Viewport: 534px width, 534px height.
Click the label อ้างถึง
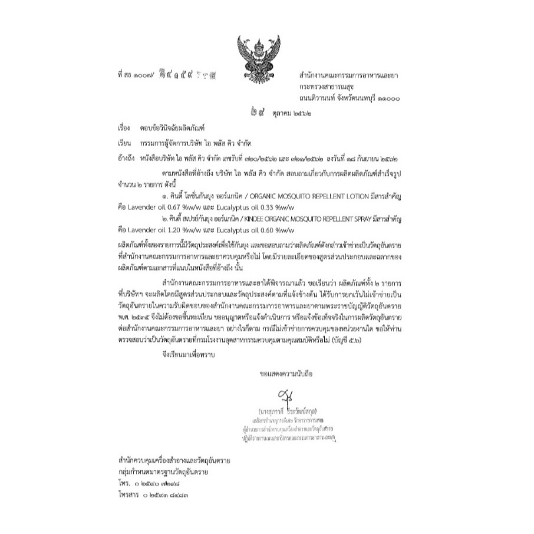point(127,158)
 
